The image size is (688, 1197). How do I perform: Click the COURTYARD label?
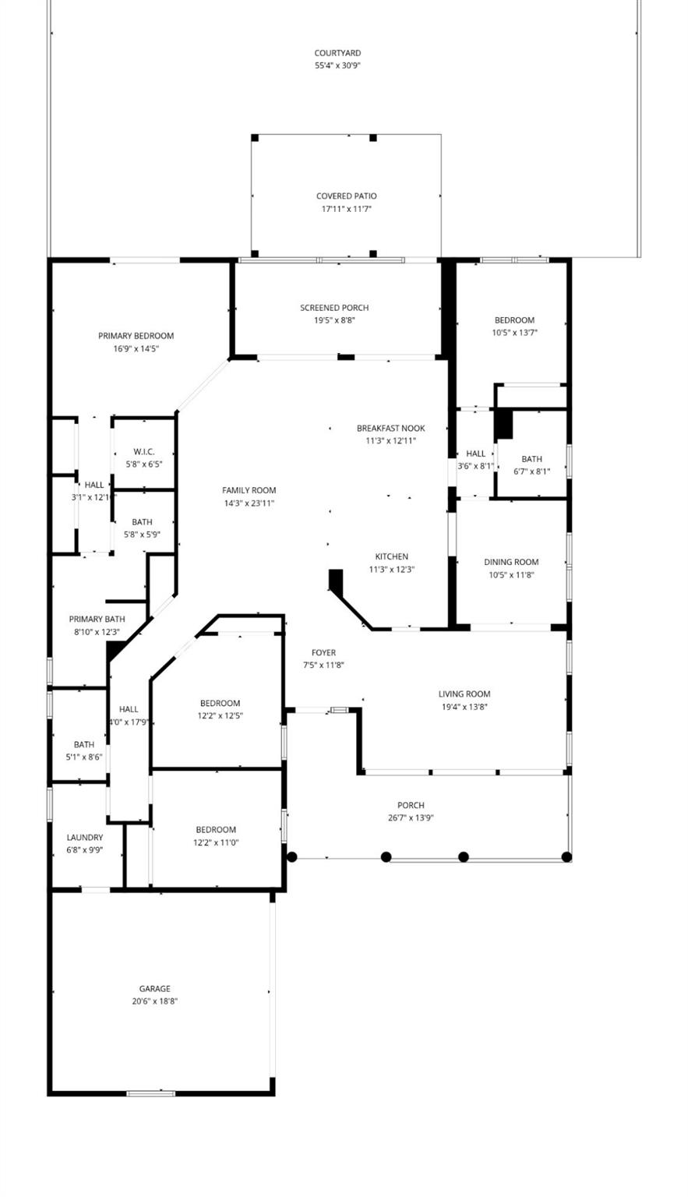click(x=337, y=53)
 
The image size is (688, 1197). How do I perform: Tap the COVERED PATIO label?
click(x=346, y=196)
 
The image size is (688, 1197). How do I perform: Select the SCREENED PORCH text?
click(x=334, y=308)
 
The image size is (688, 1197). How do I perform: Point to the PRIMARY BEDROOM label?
click(x=136, y=336)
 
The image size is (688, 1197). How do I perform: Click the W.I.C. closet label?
click(x=143, y=452)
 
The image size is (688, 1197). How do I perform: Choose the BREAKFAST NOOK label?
click(x=390, y=429)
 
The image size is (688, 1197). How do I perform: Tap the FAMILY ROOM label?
click(x=249, y=490)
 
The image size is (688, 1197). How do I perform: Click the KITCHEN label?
click(x=391, y=556)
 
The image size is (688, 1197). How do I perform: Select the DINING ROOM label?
click(x=510, y=562)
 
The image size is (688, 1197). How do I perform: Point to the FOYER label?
click(x=323, y=653)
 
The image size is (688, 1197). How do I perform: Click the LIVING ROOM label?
click(x=464, y=694)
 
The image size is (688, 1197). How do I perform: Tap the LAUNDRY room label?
click(x=84, y=838)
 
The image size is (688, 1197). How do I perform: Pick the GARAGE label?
click(x=154, y=989)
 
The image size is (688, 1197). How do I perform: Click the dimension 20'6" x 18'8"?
click(x=154, y=1001)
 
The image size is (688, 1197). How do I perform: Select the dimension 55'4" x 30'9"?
click(x=337, y=65)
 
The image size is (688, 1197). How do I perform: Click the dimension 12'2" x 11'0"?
click(x=216, y=842)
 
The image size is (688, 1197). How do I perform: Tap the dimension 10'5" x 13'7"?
click(x=514, y=333)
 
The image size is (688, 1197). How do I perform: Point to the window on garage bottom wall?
click(x=150, y=1093)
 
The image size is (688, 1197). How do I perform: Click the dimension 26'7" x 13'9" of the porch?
click(x=411, y=818)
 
